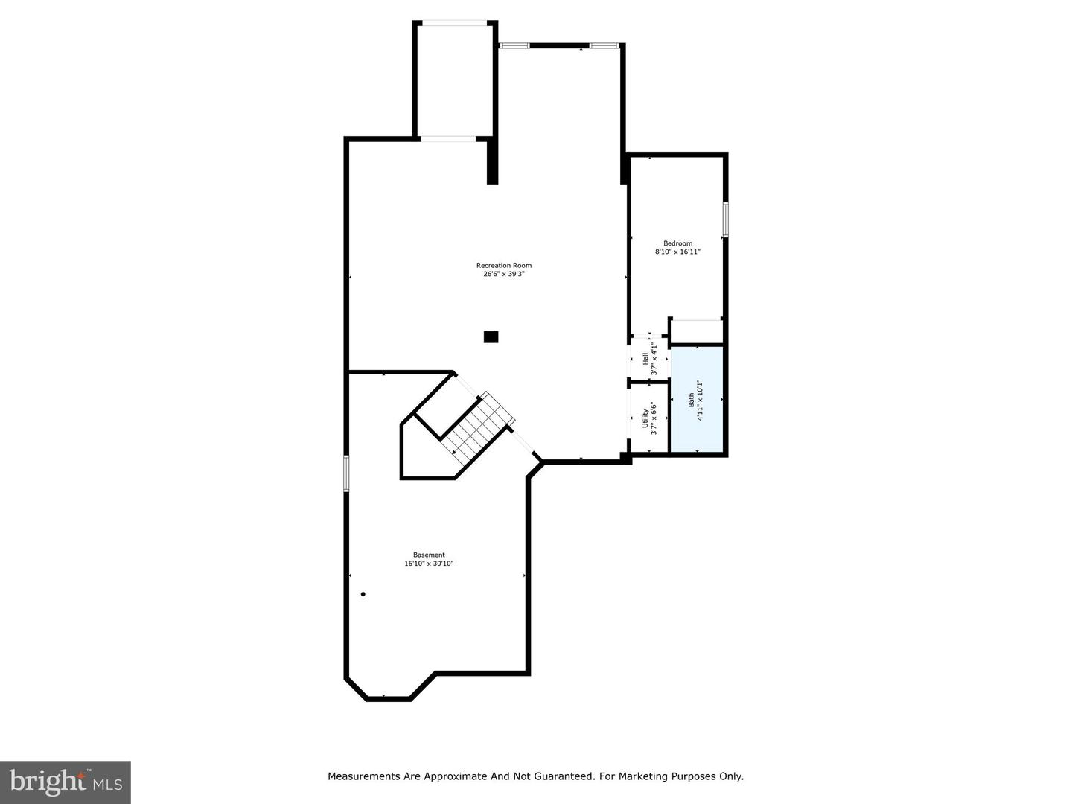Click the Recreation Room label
click(504, 266)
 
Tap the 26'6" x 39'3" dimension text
click(504, 274)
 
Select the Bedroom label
click(677, 243)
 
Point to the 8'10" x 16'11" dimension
click(677, 252)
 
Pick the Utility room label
click(645, 419)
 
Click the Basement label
click(429, 555)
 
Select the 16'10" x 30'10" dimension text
click(429, 564)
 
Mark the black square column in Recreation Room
click(491, 337)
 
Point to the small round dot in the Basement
click(363, 594)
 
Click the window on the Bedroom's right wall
click(725, 220)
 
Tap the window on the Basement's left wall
click(346, 473)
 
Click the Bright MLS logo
click(66, 782)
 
